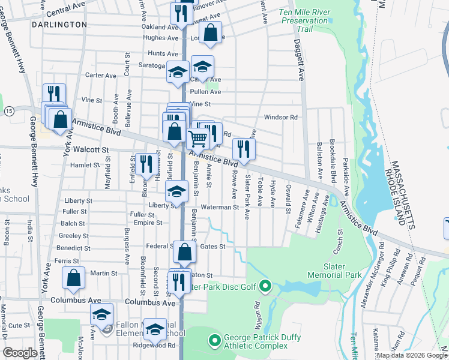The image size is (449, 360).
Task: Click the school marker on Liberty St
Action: pos(177,192)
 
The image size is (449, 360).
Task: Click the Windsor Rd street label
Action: pos(285,117)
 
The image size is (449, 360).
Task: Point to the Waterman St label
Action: pos(220,207)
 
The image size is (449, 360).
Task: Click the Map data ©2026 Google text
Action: pos(411,355)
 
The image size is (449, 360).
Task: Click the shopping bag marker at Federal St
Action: pos(185,253)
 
